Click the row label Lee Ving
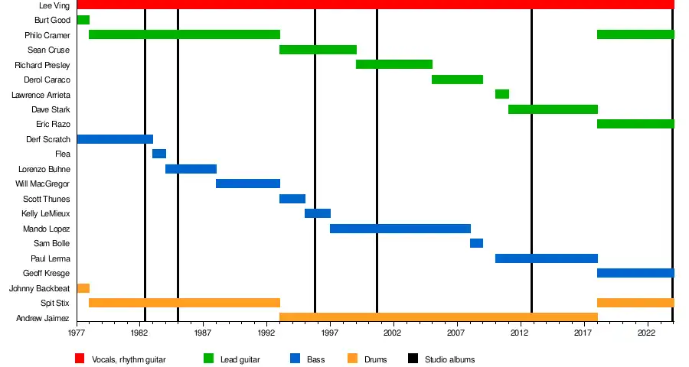(x=54, y=5)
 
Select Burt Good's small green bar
(x=83, y=20)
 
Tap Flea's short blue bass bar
(x=159, y=154)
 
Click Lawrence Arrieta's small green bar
(x=502, y=94)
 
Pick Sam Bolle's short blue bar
(x=476, y=243)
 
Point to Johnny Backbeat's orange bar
(x=83, y=288)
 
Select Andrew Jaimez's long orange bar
(x=438, y=317)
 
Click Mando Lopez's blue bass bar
(x=400, y=229)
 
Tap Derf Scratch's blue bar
(x=115, y=139)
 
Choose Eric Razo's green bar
(x=635, y=124)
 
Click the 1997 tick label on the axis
(x=330, y=333)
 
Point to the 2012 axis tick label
(x=520, y=333)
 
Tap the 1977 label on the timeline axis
(x=77, y=333)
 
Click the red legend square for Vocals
(x=80, y=359)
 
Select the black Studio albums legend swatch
(x=413, y=359)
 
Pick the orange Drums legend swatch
(x=352, y=359)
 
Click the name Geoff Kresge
(x=47, y=273)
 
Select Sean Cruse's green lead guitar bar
(x=318, y=50)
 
